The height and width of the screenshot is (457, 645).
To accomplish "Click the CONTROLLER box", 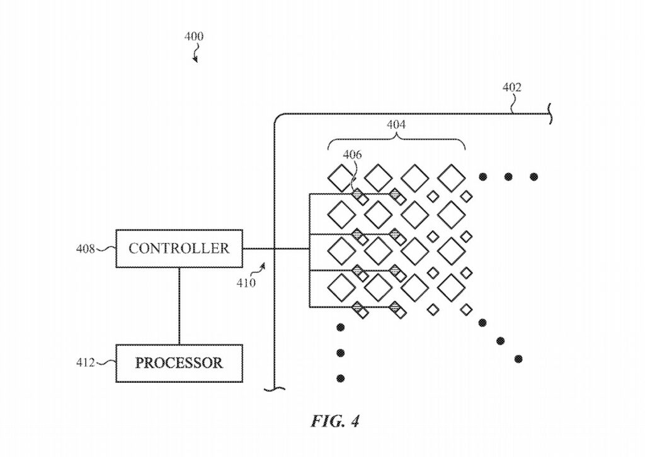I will (179, 248).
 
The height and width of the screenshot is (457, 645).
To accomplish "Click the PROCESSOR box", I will (179, 363).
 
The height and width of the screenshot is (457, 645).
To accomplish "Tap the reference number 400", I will (194, 37).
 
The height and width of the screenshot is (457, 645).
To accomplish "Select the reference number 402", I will (512, 87).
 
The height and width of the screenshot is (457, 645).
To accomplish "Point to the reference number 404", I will (396, 125).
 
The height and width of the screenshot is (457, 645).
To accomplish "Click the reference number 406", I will (353, 155).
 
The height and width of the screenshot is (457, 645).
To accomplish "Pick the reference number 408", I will (85, 249).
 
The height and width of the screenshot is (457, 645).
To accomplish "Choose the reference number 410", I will (246, 283).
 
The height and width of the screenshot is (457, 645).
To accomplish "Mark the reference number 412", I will (85, 363).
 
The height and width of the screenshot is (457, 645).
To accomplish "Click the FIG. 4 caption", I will (334, 421).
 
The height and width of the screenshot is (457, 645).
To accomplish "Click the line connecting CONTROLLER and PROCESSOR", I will (180, 306).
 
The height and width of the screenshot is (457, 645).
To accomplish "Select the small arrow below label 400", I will (195, 57).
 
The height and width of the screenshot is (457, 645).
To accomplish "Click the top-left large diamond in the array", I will (342, 178).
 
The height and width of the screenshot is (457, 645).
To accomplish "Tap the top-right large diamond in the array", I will (452, 178).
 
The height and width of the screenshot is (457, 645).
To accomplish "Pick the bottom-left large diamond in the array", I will (342, 287).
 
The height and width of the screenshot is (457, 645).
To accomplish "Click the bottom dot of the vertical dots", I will (341, 378).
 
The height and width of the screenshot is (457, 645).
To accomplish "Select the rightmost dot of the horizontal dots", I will (534, 177).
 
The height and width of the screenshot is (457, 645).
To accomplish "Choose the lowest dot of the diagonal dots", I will (518, 359).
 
